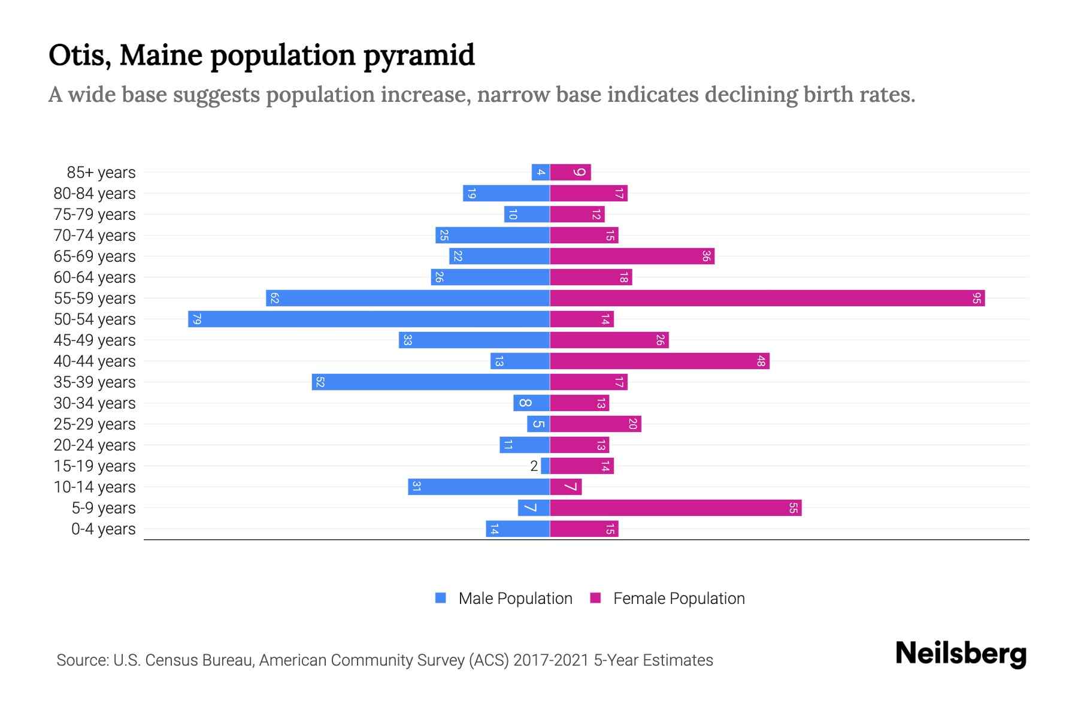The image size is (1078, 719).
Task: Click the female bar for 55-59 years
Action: point(767,298)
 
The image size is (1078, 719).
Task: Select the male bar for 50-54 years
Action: point(369,319)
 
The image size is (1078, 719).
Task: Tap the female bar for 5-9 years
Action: point(676,507)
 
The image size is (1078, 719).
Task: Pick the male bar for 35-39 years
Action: point(431,382)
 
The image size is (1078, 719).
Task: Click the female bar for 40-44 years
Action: point(659,361)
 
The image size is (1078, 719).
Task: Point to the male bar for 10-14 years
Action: point(479,487)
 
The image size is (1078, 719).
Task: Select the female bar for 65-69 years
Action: point(632,256)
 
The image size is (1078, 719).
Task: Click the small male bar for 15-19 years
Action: point(545,466)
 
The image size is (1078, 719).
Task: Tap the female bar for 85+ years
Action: point(570,172)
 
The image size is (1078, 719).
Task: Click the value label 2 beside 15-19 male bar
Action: point(534,466)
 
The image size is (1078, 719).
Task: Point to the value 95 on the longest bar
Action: point(976,298)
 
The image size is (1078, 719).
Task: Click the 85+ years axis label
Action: point(101,173)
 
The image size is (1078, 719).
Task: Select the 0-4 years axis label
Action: point(103,529)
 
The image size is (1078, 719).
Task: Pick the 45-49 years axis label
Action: point(95,340)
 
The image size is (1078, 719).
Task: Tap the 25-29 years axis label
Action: point(95,424)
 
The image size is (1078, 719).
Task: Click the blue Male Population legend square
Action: point(441,598)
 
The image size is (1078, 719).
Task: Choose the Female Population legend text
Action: point(679,599)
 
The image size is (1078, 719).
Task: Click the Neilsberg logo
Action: point(960,654)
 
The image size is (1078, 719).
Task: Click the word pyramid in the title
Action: point(419,56)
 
